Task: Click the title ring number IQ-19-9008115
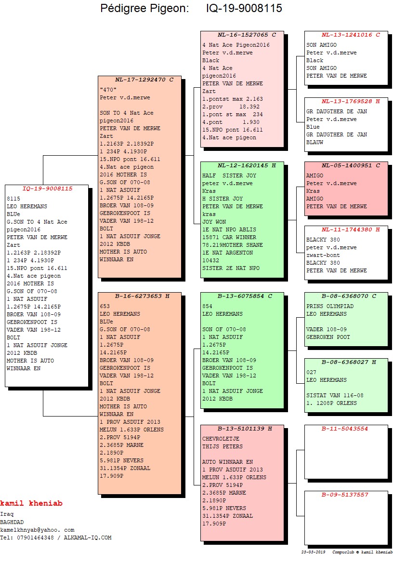pyautogui.click(x=244, y=9)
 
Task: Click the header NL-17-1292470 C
pyautogui.click(x=144, y=80)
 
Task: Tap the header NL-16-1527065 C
pyautogui.click(x=247, y=35)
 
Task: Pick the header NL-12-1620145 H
pyautogui.click(x=247, y=165)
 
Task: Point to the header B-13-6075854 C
pyautogui.click(x=245, y=296)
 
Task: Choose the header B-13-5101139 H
pyautogui.click(x=245, y=428)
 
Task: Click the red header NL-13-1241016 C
pyautogui.click(x=351, y=35)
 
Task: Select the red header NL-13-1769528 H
pyautogui.click(x=351, y=101)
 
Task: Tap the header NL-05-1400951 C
pyautogui.click(x=351, y=165)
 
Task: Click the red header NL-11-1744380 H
pyautogui.click(x=351, y=229)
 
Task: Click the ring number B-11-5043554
pyautogui.click(x=345, y=428)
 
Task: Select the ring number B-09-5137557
pyautogui.click(x=345, y=495)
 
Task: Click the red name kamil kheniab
pyautogui.click(x=31, y=503)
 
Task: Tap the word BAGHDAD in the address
pyautogui.click(x=12, y=522)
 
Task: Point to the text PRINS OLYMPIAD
pyautogui.click(x=330, y=306)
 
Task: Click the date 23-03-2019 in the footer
pyautogui.click(x=314, y=552)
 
